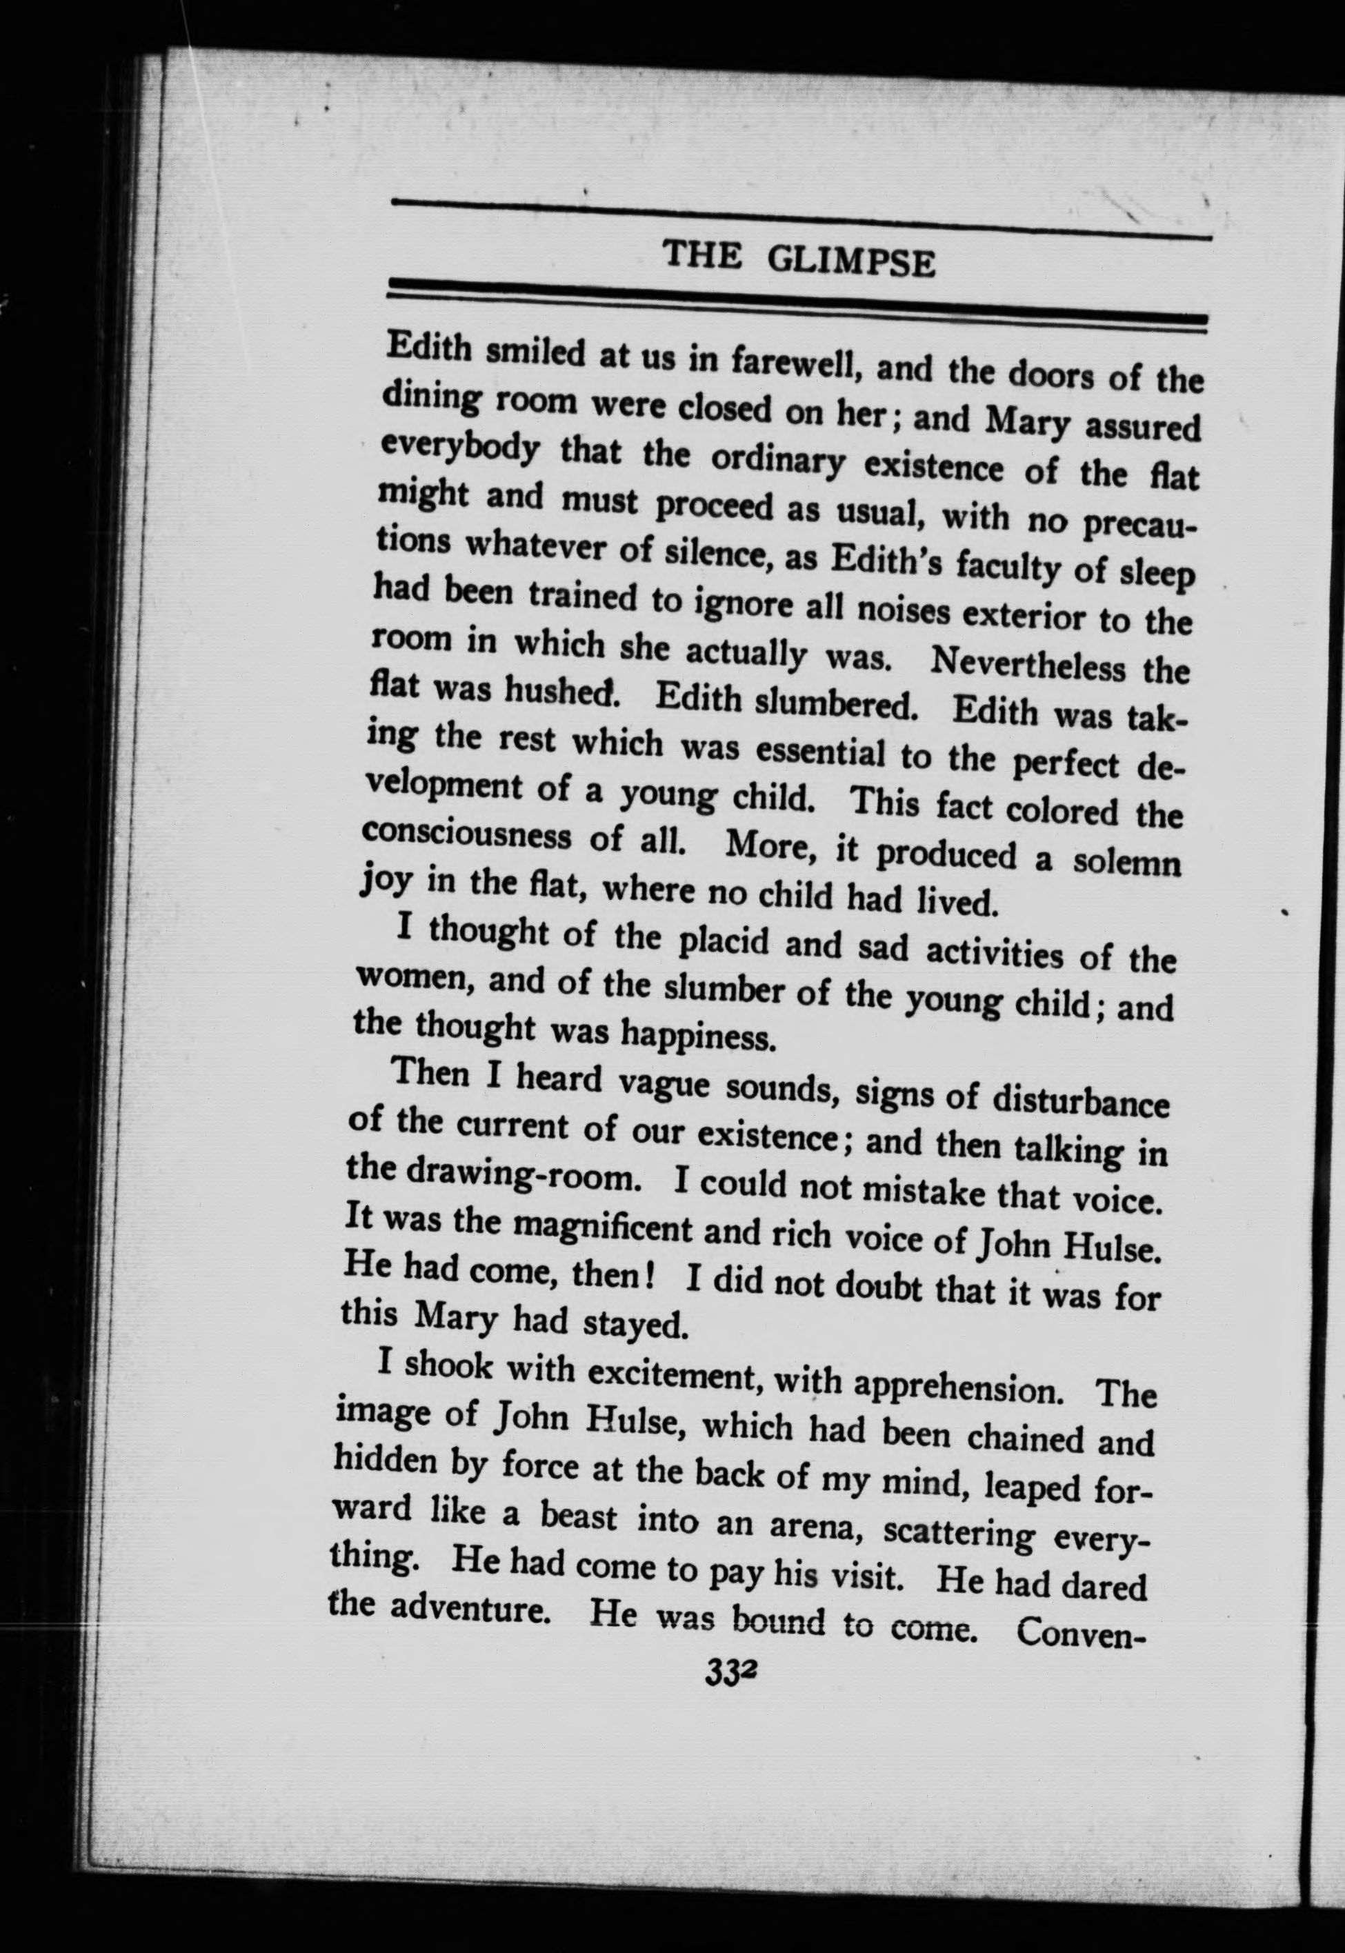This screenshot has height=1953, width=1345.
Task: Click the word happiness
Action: pos(697,1034)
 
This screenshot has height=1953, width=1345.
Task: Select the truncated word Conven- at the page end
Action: pos(1082,1629)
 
